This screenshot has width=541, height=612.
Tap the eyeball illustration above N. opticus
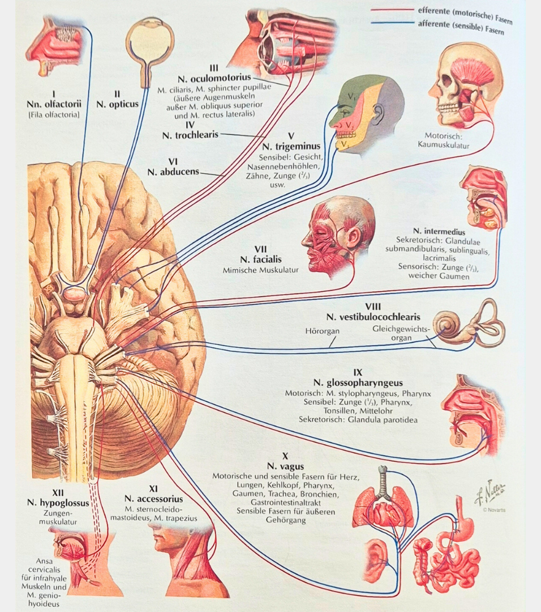(149, 42)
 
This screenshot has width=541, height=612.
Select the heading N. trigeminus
(291, 146)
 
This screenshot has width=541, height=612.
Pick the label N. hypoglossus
(55, 501)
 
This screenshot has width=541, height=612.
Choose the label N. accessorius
(153, 499)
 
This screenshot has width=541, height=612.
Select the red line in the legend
(391, 10)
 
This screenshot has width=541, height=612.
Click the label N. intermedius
(439, 232)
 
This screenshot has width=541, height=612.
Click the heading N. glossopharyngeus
(357, 383)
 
